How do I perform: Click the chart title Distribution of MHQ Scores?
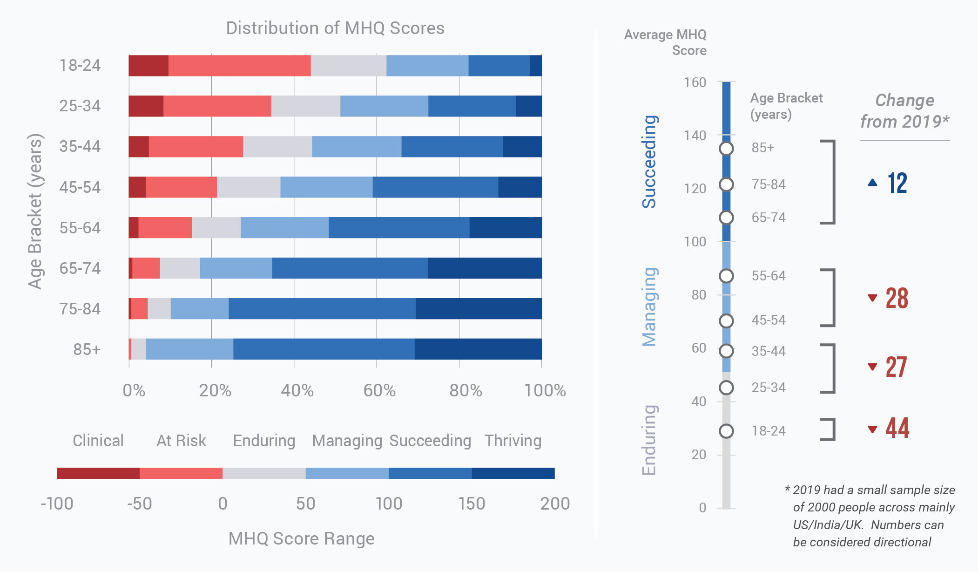coord(335,28)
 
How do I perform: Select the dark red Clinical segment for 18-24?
coord(148,66)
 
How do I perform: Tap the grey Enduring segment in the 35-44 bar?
coord(277,147)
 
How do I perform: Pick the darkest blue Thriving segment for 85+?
coord(478,349)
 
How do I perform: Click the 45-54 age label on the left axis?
coord(80,187)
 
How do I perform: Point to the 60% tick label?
coord(379,390)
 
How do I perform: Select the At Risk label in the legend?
coord(181,441)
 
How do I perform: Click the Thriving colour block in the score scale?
coord(513,473)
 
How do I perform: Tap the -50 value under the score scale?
coord(139,504)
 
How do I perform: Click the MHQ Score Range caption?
coord(301,538)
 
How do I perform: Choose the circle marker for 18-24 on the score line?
coord(726,431)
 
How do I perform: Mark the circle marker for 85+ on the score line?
coord(726,149)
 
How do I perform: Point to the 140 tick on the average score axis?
coord(695,136)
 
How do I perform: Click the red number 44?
coord(897,428)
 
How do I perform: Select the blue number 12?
coord(897,183)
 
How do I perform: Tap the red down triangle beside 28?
coord(872,298)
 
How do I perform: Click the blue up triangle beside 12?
coord(872,183)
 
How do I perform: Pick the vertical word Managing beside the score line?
coord(649,307)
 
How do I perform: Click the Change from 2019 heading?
coord(904,111)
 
